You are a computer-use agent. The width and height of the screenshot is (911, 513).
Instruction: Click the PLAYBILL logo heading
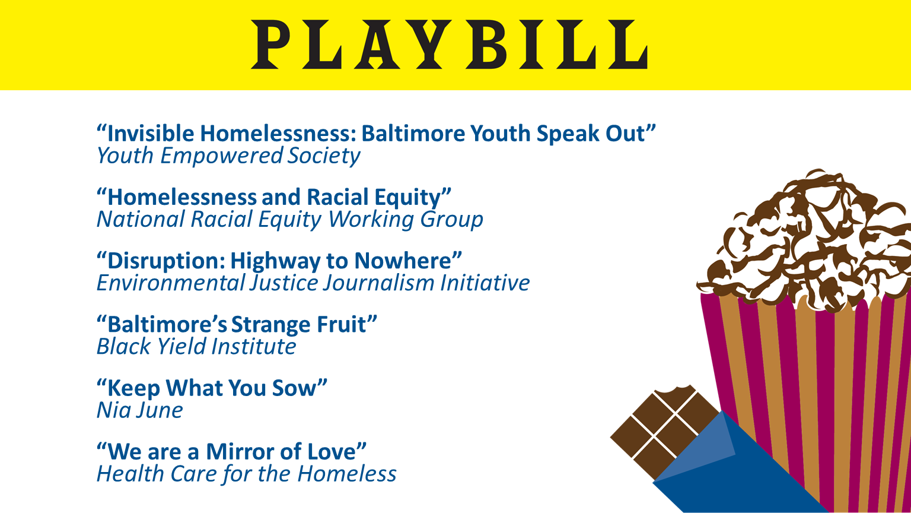point(450,45)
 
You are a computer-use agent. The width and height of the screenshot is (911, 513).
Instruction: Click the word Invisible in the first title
point(151,133)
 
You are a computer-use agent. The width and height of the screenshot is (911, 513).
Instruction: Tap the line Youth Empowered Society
point(228,156)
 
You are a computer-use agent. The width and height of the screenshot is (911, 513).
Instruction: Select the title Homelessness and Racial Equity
point(274,198)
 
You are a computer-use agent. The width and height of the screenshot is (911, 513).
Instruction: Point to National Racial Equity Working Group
point(290,220)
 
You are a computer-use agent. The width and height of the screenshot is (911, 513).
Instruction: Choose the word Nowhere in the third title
point(403,261)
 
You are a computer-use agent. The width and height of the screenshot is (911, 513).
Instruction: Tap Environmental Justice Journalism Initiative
point(313,283)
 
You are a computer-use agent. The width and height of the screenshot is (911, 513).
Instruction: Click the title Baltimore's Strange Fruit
point(237,325)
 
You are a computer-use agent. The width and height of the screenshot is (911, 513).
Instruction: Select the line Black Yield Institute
point(196,347)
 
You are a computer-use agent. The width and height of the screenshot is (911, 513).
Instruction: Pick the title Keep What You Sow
point(212,388)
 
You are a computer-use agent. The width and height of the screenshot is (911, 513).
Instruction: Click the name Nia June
point(140,410)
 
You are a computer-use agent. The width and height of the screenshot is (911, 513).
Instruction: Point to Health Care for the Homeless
point(247,474)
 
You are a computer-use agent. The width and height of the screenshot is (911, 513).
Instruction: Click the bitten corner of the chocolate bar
point(675,390)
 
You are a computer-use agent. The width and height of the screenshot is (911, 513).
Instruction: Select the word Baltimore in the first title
point(413,133)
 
